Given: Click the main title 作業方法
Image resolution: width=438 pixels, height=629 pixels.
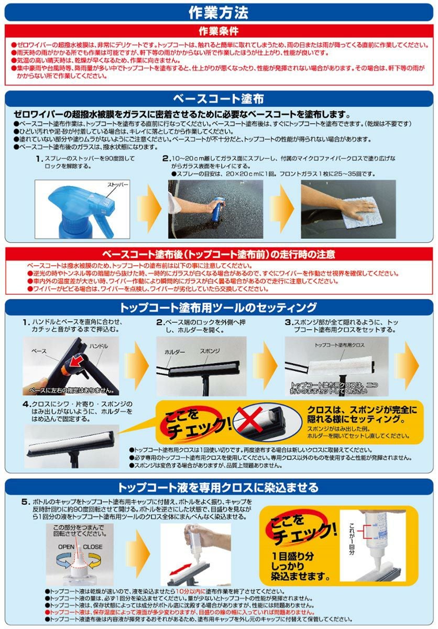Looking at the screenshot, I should pyautogui.click(x=218, y=12).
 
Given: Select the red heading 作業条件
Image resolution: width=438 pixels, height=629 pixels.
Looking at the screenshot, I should pyautogui.click(x=218, y=31).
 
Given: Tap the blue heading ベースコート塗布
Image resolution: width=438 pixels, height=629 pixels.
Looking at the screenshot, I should pyautogui.click(x=218, y=99).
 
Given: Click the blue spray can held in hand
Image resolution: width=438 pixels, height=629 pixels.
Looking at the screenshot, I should pyautogui.click(x=215, y=207).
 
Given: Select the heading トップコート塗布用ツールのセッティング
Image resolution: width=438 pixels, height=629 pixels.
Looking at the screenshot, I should pyautogui.click(x=218, y=307).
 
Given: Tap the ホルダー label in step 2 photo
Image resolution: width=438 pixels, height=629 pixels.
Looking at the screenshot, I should pyautogui.click(x=175, y=353).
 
